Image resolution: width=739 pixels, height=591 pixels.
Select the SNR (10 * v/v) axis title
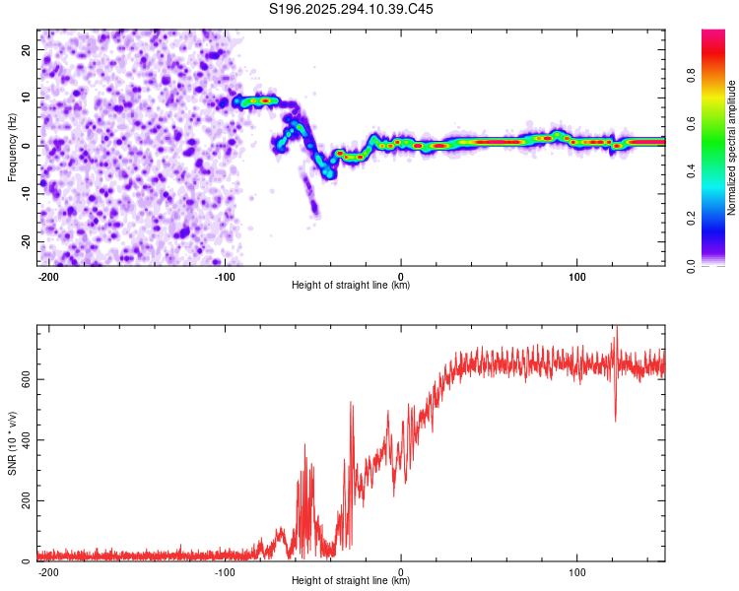point(12,442)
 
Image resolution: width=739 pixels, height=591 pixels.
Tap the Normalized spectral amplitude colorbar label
point(732,148)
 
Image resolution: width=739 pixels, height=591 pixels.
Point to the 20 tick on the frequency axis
point(27,48)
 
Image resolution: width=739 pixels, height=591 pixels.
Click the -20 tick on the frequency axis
point(25,241)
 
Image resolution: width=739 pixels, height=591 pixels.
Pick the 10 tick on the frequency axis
point(27,97)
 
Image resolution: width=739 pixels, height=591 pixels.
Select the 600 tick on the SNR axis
point(27,378)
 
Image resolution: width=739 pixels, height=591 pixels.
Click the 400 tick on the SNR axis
point(27,439)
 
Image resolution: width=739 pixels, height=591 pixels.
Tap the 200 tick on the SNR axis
point(27,500)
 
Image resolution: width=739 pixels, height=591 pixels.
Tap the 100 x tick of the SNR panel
point(576,572)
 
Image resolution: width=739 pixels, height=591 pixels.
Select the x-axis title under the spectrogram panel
point(351,286)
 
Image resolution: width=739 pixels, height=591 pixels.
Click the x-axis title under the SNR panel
point(351,581)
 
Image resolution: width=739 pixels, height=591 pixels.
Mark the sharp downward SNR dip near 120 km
point(616,419)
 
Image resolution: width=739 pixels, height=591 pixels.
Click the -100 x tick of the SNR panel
point(225,572)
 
